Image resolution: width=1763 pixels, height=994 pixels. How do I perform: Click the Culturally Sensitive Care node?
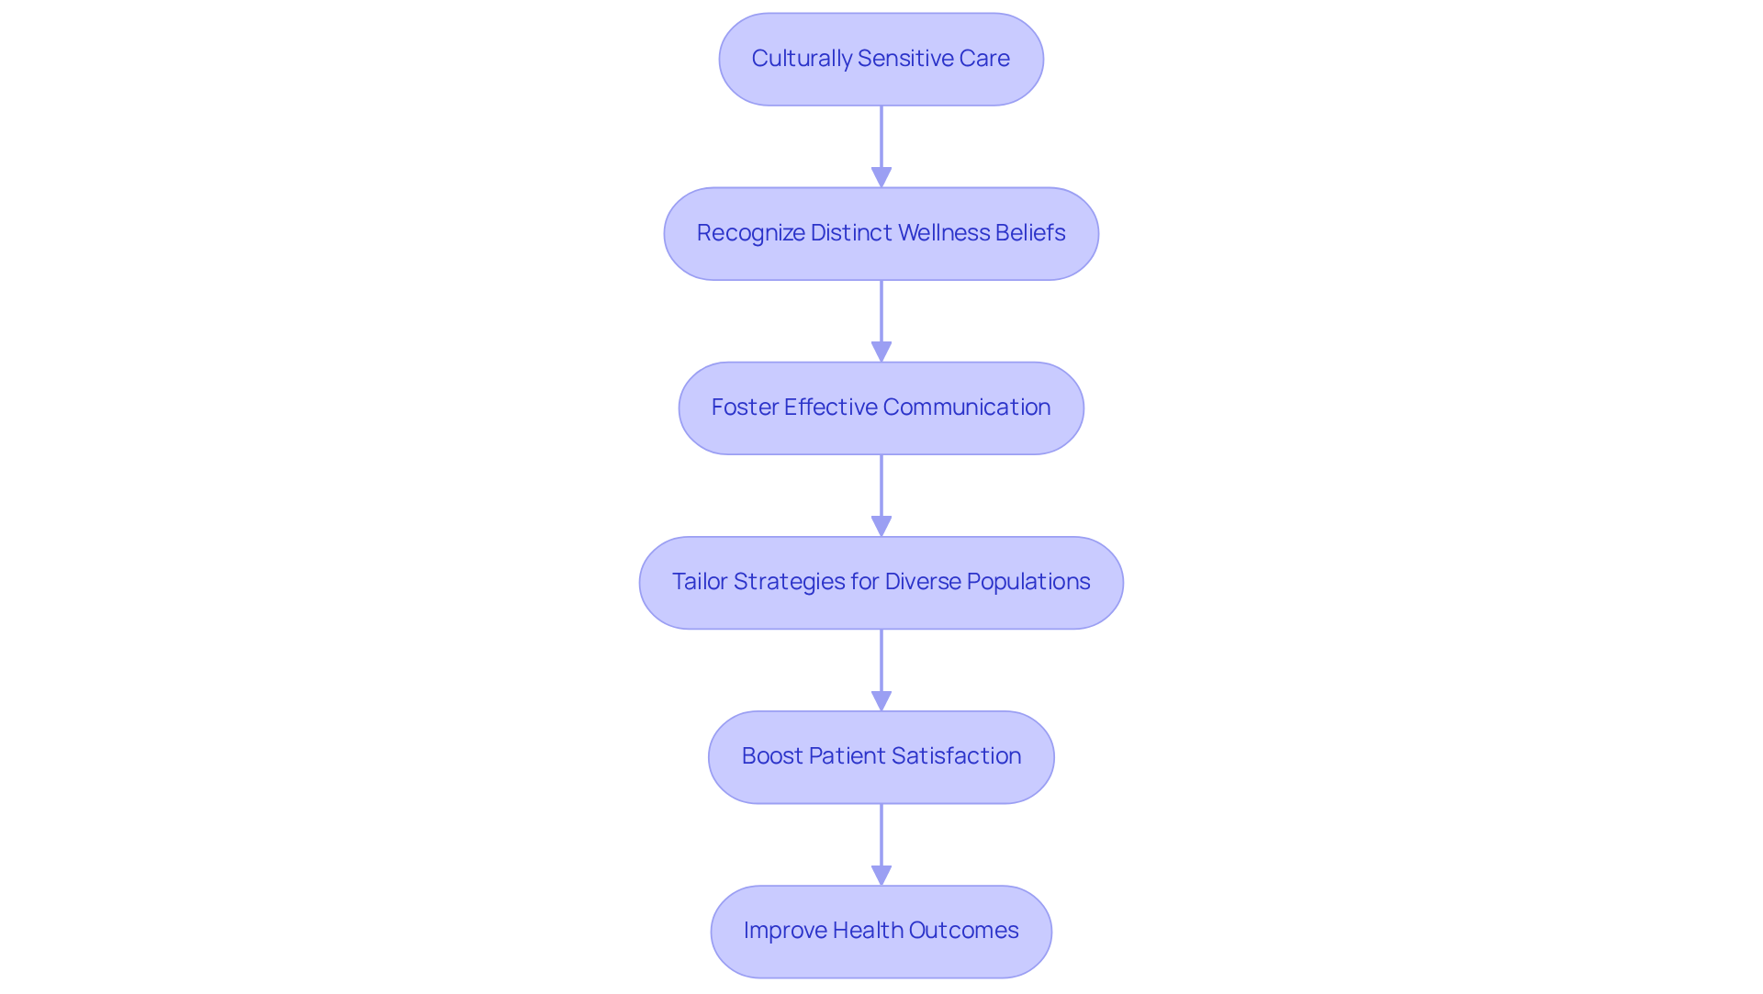pos(881,60)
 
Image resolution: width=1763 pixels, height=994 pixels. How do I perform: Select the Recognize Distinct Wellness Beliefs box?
pos(881,234)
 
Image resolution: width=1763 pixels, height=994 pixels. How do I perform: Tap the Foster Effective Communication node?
pos(881,408)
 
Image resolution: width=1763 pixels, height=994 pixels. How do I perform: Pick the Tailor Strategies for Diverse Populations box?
pos(881,583)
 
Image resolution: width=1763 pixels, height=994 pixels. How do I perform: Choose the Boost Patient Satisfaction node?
pos(881,757)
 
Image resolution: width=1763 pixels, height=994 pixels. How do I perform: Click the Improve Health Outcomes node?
pos(881,932)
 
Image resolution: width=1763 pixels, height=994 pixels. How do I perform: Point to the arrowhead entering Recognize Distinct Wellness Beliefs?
pos(881,177)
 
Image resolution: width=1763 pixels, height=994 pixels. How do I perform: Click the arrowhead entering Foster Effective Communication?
pos(881,352)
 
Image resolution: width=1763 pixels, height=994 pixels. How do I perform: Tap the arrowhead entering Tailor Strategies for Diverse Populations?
pos(881,526)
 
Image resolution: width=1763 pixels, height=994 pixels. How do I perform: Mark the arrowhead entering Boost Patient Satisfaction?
pos(881,700)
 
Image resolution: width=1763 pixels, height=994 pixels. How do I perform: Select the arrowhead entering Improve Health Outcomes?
pos(881,875)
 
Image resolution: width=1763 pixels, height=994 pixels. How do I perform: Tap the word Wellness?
pos(942,233)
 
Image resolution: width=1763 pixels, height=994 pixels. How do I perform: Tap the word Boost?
pos(771,756)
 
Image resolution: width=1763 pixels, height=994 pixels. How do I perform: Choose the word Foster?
pos(745,408)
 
